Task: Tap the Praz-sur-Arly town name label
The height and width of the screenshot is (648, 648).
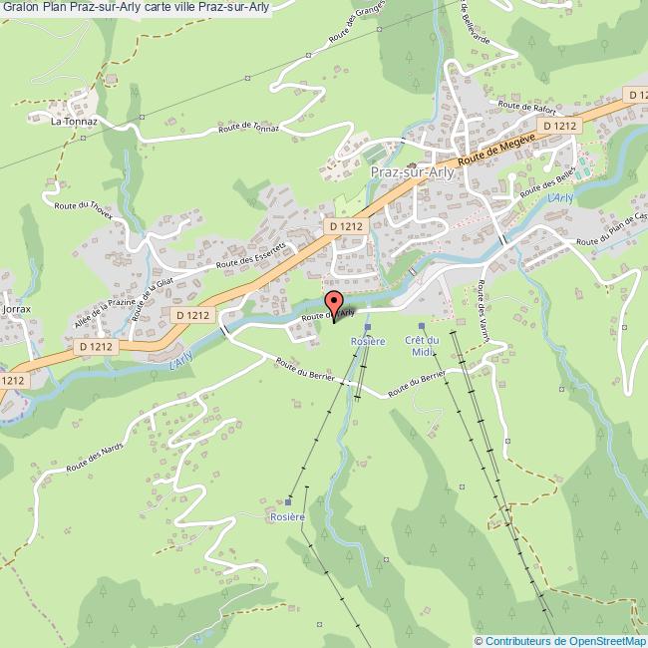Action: tap(412, 172)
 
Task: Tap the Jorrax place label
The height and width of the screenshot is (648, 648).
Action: tap(18, 309)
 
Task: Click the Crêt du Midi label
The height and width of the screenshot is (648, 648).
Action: tap(422, 345)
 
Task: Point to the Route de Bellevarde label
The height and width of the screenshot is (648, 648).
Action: tap(477, 25)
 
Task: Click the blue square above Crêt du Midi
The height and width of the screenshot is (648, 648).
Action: tap(422, 326)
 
